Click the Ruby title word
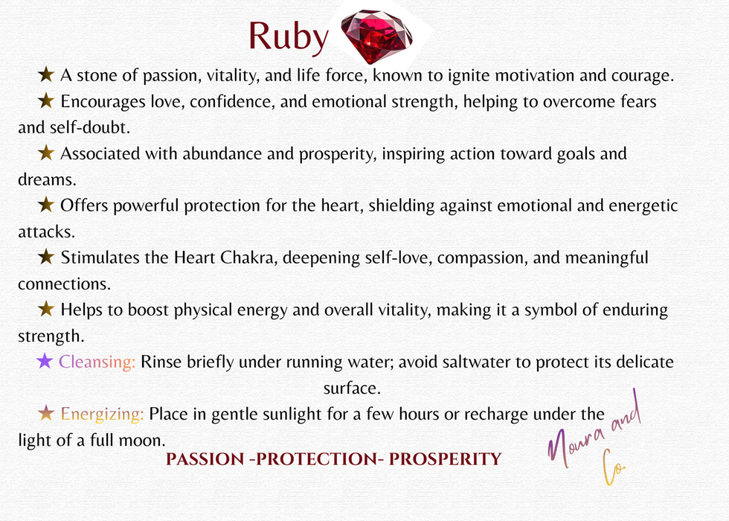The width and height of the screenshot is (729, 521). (287, 36)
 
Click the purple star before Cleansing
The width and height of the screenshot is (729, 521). (45, 362)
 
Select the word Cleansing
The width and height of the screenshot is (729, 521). (97, 362)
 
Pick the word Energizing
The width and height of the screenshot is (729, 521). (103, 413)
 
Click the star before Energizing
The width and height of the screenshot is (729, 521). (46, 413)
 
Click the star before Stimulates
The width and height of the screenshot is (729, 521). (46, 258)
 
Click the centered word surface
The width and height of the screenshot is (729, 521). (352, 388)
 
